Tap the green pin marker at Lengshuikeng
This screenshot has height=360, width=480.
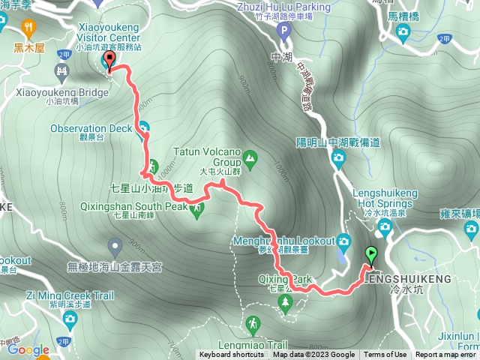click(370, 255)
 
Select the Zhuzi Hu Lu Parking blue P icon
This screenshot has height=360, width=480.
click(283, 31)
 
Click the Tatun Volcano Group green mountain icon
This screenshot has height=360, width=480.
click(250, 158)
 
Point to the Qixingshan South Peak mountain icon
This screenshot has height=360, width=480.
click(197, 209)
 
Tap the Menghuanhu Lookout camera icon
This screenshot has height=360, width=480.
click(343, 241)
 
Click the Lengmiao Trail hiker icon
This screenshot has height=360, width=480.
click(254, 323)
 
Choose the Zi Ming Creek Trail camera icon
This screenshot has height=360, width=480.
click(70, 321)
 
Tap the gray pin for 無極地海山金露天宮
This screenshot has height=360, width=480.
click(115, 245)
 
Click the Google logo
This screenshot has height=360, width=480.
click(28, 349)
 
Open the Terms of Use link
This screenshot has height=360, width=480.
click(385, 355)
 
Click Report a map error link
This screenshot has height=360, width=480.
click(446, 355)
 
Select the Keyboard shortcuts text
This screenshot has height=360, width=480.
click(231, 355)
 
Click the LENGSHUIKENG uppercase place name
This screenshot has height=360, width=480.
click(409, 278)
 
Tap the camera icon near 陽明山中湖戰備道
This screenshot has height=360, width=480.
click(337, 157)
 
